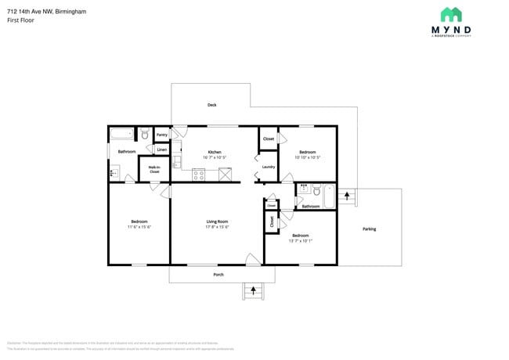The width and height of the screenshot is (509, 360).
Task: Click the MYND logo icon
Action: coord(450,14)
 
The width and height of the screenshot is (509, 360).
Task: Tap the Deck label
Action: coord(211,105)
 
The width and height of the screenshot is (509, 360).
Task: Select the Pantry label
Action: coord(162,135)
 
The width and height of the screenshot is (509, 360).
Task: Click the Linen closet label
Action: coord(161,149)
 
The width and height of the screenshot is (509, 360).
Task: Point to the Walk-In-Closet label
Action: coord(154,169)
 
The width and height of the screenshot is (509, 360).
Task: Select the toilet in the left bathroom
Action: coord(145,135)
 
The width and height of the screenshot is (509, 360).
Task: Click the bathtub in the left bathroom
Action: coord(121,134)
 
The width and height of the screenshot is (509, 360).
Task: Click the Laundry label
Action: coord(268,167)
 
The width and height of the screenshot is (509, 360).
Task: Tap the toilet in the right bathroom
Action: coord(316,190)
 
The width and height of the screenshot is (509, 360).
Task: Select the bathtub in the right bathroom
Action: coord(329,196)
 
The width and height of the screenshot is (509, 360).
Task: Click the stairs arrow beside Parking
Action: coord(347,195)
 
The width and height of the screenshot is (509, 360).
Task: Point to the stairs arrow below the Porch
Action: coord(252,291)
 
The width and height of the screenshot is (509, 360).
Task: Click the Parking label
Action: coord(369,229)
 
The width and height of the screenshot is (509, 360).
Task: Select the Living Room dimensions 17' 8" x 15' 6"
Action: coord(217,227)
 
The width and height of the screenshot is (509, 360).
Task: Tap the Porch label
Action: coord(218,275)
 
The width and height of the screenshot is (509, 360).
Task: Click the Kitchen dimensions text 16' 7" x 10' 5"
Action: coord(214,157)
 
